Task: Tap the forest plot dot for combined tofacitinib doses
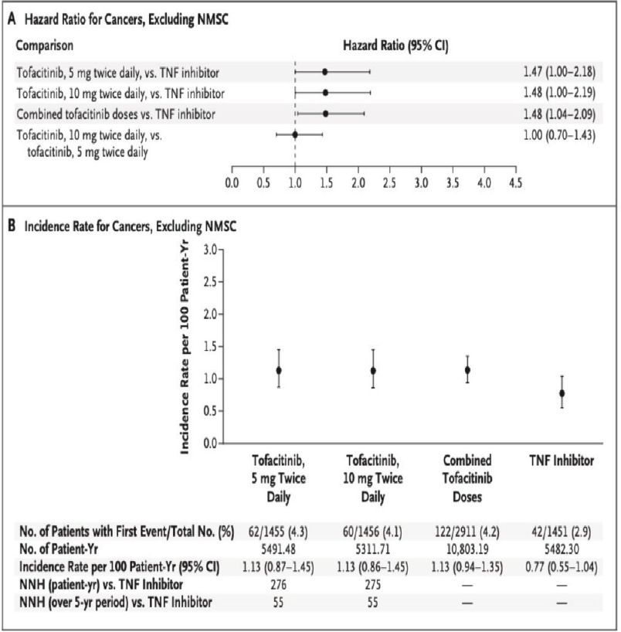[325, 114]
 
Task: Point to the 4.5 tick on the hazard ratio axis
[516, 183]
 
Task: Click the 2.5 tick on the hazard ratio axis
[389, 183]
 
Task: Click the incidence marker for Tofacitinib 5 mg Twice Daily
[279, 371]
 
